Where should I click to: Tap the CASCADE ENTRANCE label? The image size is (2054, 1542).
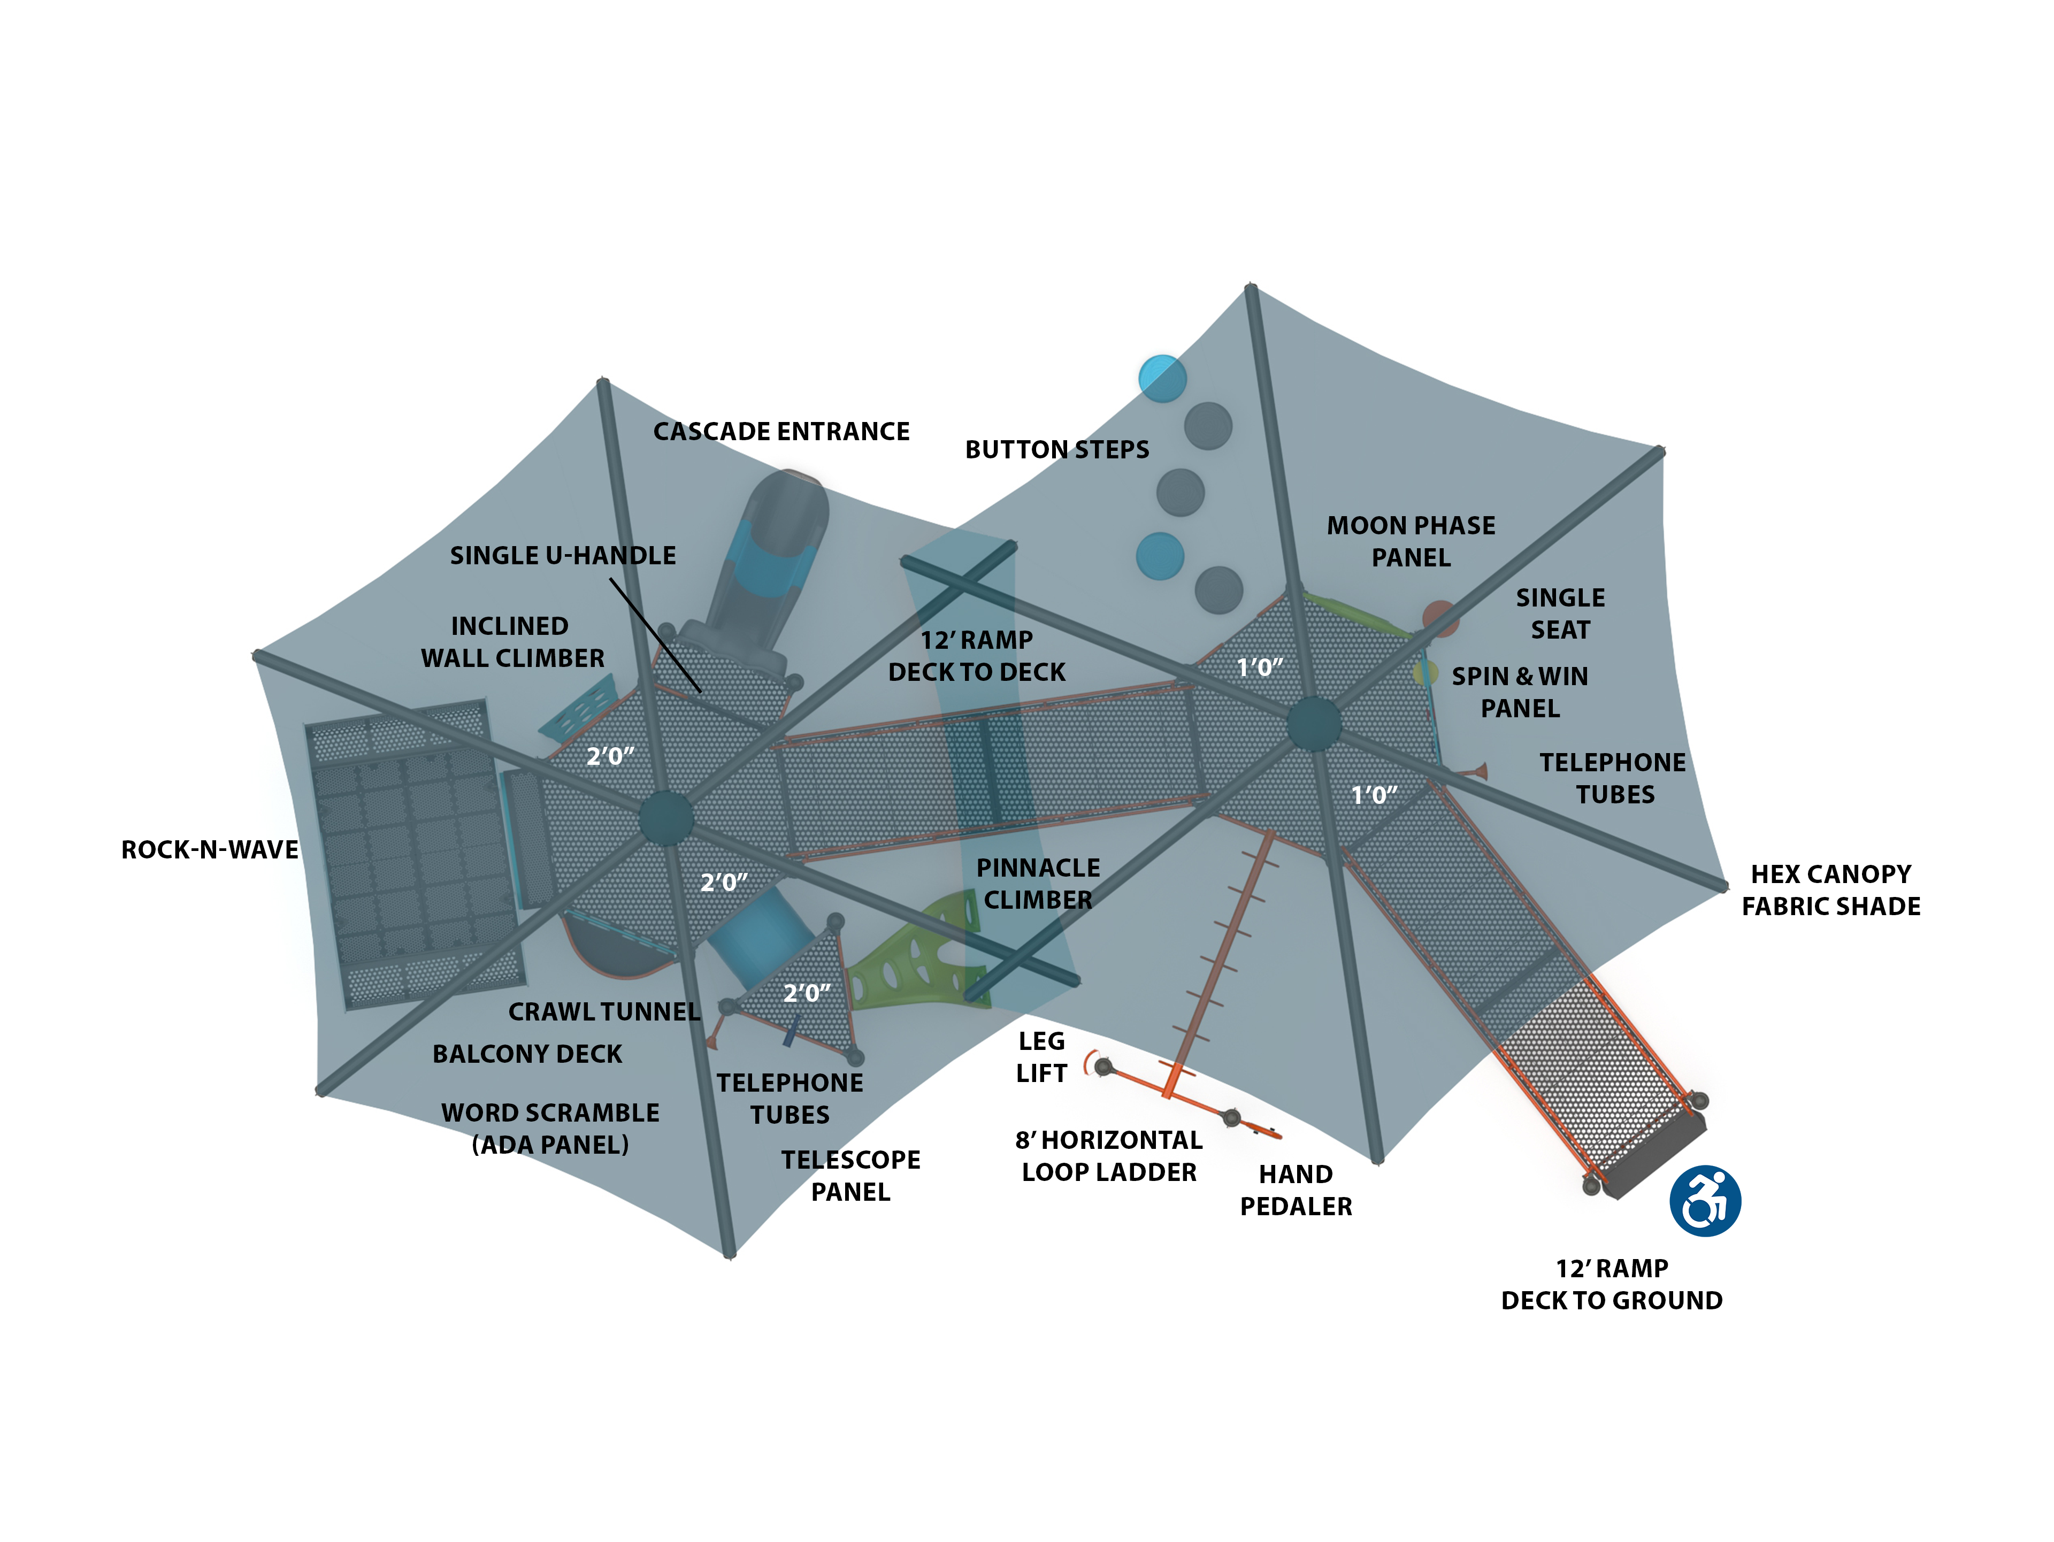click(x=781, y=432)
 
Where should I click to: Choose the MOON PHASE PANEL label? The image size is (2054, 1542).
click(x=1411, y=541)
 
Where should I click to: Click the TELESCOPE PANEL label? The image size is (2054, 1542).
click(x=850, y=1175)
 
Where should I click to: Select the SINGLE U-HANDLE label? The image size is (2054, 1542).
click(x=563, y=555)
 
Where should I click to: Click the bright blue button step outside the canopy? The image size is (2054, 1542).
click(x=1162, y=378)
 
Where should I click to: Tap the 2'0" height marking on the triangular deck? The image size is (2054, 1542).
click(x=806, y=992)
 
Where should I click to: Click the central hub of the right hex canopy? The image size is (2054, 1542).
click(x=1313, y=723)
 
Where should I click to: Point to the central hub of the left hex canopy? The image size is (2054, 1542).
click(x=666, y=817)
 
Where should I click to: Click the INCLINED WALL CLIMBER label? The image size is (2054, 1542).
click(x=512, y=641)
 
